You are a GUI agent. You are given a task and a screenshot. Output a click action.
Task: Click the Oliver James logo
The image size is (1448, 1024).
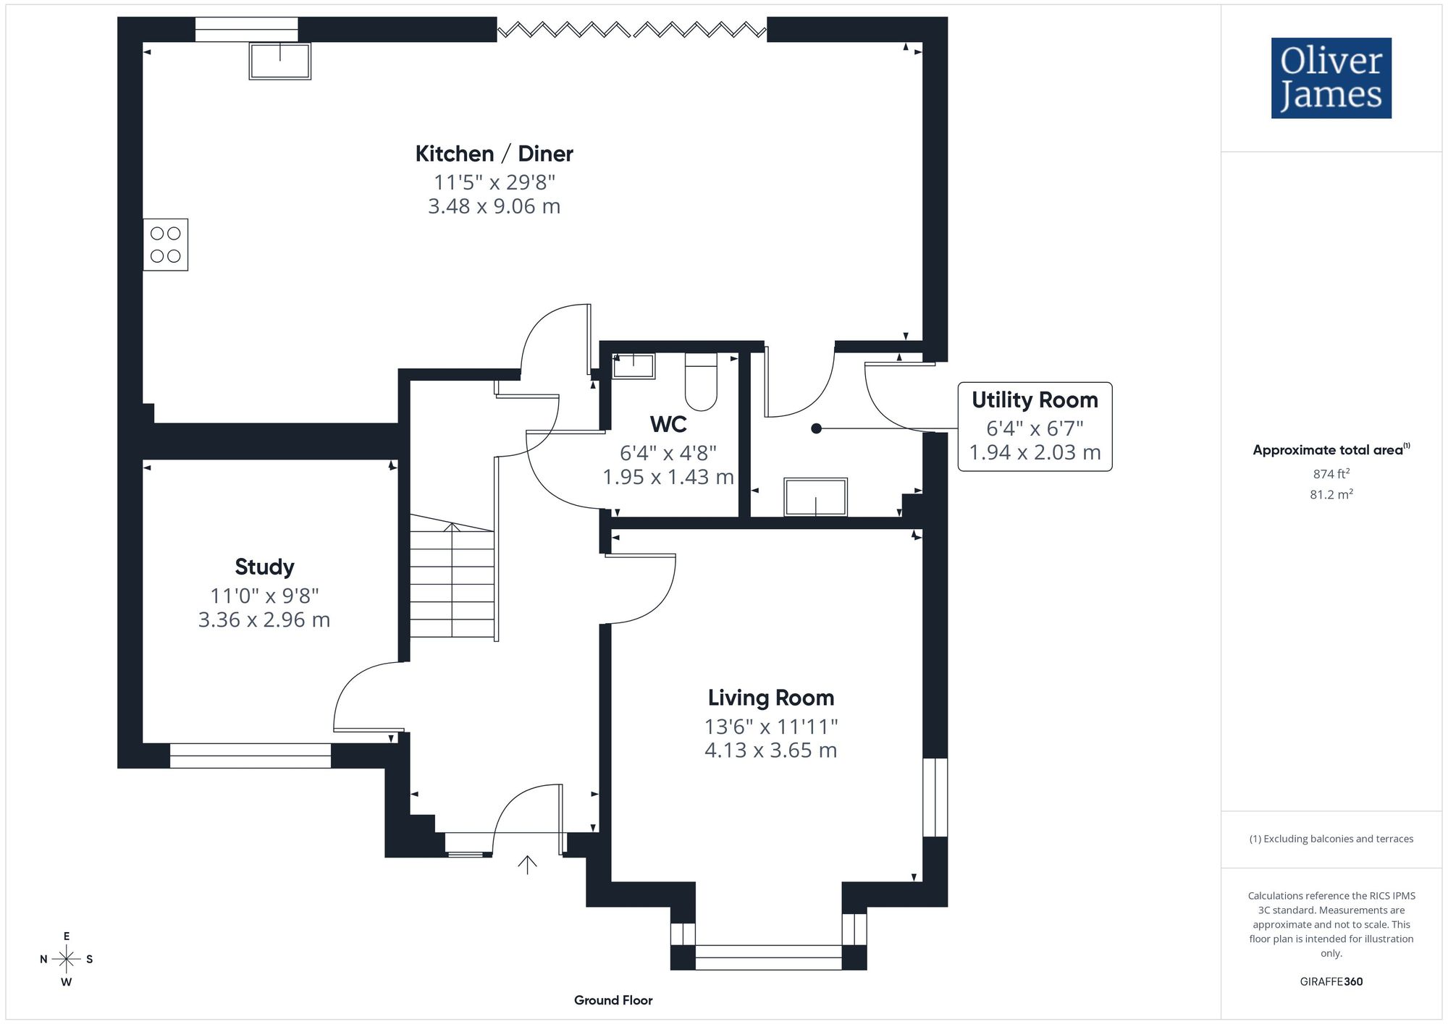pos(1331,78)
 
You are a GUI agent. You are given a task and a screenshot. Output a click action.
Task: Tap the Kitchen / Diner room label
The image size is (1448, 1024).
pos(494,153)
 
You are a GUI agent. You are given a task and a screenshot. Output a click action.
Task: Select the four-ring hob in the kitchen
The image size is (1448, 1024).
pos(165,245)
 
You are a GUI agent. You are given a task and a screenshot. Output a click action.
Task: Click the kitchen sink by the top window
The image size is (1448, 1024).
pos(280,61)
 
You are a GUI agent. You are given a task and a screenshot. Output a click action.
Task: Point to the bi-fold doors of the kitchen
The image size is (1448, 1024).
pos(632,30)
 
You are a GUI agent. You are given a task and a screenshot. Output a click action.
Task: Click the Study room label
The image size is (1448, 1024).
pos(264,567)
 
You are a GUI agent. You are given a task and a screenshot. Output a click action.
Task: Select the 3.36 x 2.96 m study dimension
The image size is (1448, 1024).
pos(264,619)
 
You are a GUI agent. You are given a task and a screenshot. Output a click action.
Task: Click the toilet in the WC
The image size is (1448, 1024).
pos(701,381)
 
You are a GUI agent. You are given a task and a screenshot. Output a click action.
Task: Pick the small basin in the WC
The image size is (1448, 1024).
pos(633,366)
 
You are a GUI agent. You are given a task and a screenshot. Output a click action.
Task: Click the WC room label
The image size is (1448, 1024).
pos(668,424)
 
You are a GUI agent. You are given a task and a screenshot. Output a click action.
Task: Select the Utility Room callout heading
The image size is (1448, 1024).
pos(1035,399)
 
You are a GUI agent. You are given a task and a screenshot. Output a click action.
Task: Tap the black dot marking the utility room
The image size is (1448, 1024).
pos(816,428)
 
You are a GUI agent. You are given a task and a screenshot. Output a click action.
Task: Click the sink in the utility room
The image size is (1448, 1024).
pos(816,497)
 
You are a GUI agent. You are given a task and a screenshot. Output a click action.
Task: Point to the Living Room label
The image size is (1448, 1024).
pos(771,698)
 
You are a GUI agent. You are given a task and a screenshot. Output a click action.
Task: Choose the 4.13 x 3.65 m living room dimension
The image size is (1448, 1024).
pos(771,750)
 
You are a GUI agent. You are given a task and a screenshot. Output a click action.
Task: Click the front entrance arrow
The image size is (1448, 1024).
pos(527,864)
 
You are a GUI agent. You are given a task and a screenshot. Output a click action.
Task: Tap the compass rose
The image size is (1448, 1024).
pos(67,960)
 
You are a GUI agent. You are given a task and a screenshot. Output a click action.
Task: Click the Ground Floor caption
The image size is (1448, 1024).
pos(613,1000)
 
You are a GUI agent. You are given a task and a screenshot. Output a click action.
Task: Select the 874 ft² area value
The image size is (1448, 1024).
pos(1331,473)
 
